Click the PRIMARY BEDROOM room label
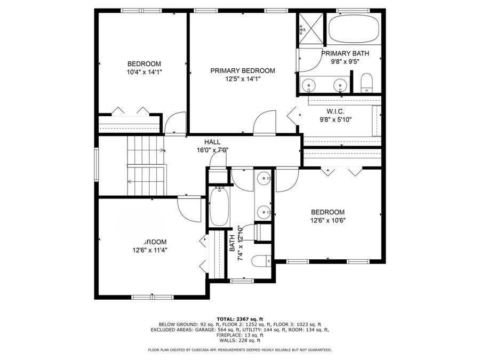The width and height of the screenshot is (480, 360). pyautogui.click(x=242, y=70)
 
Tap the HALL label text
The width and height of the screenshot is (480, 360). pyautogui.click(x=212, y=142)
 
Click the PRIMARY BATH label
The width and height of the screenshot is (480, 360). pyautogui.click(x=343, y=53)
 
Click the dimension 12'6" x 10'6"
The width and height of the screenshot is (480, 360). pyautogui.click(x=328, y=220)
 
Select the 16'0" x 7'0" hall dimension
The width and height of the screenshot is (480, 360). pyautogui.click(x=212, y=150)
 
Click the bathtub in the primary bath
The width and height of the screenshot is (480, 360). pyautogui.click(x=354, y=30)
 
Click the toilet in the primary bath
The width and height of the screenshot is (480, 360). pyautogui.click(x=366, y=83)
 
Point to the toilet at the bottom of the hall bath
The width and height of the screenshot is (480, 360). pyautogui.click(x=262, y=262)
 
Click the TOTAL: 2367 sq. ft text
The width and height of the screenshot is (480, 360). pyautogui.click(x=239, y=318)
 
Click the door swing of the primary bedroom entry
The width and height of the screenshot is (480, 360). pyautogui.click(x=265, y=122)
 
